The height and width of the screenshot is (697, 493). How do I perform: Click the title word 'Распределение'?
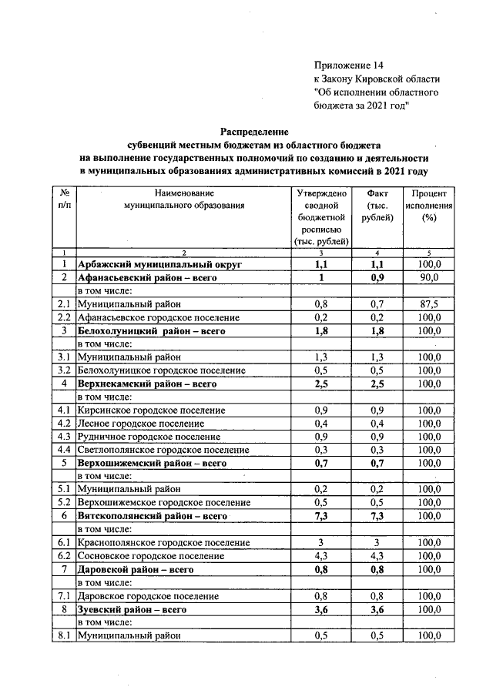pos(254,131)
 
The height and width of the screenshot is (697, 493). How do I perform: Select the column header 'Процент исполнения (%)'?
pos(430,206)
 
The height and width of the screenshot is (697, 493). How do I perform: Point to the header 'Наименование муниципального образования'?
pos(183,199)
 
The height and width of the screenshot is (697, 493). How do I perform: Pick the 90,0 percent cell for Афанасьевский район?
pos(429,277)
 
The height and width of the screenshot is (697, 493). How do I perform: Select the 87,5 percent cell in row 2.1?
pos(429,304)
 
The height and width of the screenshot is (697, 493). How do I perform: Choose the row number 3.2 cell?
pos(63,370)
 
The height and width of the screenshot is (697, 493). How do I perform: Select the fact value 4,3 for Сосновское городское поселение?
pos(377,556)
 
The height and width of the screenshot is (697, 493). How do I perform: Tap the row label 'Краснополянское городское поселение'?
pos(163,543)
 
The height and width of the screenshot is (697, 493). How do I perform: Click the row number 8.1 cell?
pos(63,636)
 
